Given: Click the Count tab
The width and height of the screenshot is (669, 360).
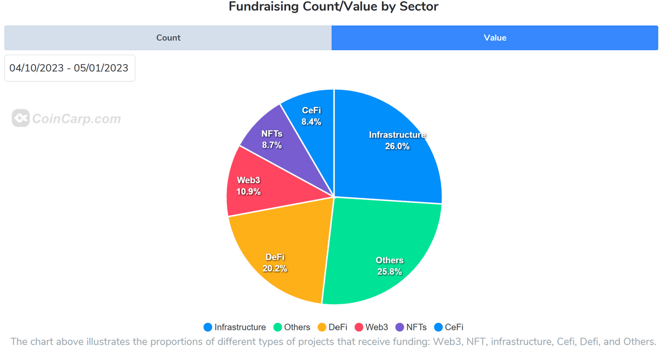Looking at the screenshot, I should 168,38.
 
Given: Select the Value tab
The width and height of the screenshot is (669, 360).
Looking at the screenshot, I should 495,38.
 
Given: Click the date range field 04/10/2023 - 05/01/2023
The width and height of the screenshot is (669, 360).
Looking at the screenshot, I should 70,68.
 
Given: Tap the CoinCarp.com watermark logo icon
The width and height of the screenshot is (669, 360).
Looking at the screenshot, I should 21,118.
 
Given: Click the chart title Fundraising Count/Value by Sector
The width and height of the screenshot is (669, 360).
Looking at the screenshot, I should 333,7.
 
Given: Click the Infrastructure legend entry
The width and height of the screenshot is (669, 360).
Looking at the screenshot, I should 235,327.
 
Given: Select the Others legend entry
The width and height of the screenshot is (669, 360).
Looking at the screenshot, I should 292,327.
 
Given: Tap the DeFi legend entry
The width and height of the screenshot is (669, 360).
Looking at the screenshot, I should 332,327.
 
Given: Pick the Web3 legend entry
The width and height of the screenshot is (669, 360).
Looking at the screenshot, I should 371,327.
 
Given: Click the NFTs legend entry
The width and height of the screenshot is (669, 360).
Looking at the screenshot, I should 411,327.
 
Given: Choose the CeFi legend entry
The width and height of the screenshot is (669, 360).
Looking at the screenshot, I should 449,327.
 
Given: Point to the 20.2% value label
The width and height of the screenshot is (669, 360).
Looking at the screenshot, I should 275,268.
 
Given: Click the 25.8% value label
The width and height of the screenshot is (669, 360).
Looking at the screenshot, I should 389,271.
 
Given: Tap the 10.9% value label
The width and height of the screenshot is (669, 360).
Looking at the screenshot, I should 249,192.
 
